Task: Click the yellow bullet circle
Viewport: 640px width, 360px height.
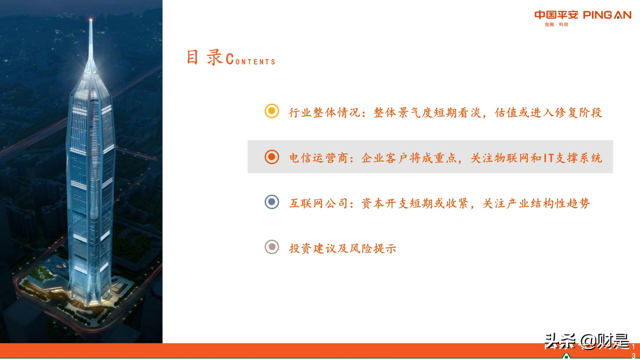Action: [272, 111]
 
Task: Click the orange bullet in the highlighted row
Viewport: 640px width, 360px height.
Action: [272, 157]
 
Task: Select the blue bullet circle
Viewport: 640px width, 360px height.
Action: [272, 202]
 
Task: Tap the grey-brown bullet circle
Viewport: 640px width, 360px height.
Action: [272, 247]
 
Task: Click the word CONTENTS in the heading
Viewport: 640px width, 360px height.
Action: [251, 60]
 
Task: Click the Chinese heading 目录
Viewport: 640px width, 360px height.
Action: [204, 58]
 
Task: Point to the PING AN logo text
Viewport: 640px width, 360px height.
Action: [607, 15]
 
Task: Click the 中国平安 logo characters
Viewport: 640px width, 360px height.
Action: [556, 15]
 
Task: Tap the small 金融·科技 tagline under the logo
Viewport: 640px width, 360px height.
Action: [556, 24]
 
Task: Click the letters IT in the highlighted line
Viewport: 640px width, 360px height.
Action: [548, 158]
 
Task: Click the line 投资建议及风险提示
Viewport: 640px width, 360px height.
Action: [343, 249]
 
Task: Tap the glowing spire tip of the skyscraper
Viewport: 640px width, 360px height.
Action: [91, 20]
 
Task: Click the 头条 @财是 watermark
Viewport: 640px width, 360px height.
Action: [587, 341]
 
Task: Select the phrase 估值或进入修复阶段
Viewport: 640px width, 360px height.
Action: [548, 113]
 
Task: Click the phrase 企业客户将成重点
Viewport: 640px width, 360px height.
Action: [409, 158]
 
